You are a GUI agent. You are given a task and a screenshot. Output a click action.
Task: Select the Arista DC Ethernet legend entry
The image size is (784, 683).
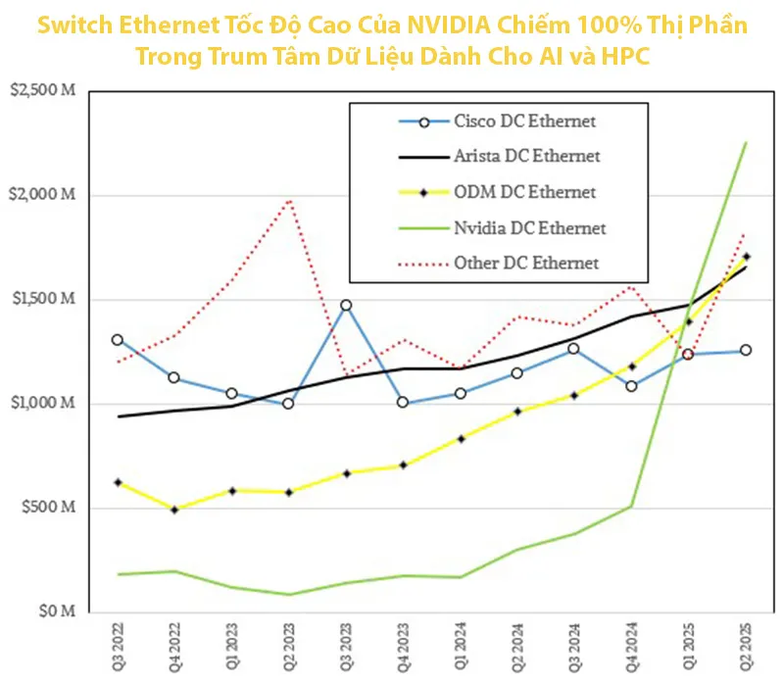point(526,156)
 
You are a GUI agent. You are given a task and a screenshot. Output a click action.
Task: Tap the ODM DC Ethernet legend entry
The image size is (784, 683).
point(524,192)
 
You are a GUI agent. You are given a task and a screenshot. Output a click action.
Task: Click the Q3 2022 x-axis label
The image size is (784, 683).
point(118,647)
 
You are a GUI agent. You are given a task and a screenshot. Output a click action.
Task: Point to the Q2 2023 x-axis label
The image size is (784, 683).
point(288,647)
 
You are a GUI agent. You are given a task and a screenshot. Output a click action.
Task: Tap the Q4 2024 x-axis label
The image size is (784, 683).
point(631,647)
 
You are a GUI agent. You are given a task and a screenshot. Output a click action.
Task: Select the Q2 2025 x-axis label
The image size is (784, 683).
point(746,647)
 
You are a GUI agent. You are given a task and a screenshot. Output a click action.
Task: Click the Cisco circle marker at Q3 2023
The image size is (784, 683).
point(345,305)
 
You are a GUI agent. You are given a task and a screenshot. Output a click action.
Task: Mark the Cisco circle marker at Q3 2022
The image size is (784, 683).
point(118,340)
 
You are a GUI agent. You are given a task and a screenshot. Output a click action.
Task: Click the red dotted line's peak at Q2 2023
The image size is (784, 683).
point(289,200)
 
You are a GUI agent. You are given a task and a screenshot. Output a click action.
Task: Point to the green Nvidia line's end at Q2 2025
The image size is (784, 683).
point(746,143)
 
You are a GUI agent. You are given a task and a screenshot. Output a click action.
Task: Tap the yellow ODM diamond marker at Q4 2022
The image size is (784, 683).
point(174,510)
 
